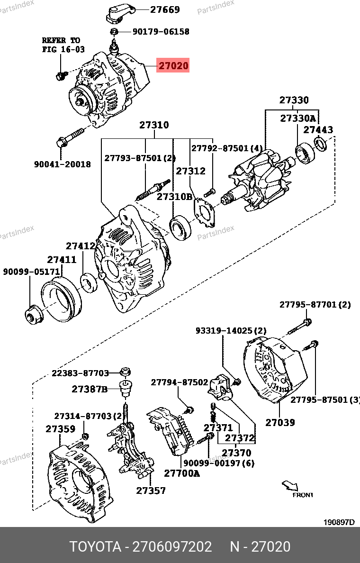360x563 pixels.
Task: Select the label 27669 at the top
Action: [x=165, y=9]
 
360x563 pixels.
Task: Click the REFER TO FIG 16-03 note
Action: [x=61, y=45]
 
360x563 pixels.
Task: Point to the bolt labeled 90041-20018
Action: [x=71, y=136]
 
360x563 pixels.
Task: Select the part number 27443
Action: [x=318, y=129]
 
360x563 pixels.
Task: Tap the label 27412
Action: [x=81, y=246]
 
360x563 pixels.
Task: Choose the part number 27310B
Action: [x=175, y=196]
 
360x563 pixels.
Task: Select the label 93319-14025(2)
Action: [x=231, y=330]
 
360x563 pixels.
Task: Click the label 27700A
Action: [x=182, y=472]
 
